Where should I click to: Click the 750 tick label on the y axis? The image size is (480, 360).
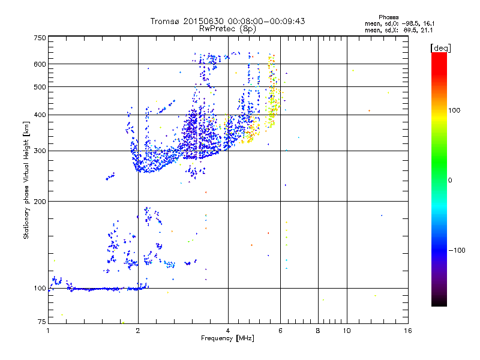coord(40,37)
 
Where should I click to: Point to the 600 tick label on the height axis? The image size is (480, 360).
coord(40,64)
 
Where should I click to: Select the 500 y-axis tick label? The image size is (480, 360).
coord(40,87)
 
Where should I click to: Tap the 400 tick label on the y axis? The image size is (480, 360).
coord(40,115)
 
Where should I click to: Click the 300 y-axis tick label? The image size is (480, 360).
coord(40,151)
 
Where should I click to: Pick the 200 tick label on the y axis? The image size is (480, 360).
coord(40,202)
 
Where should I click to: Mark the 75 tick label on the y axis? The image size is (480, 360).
coord(41,322)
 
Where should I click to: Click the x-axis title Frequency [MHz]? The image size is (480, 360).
coord(227,338)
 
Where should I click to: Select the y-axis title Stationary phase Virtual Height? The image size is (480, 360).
coord(26,180)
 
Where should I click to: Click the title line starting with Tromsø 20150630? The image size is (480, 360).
coord(227,21)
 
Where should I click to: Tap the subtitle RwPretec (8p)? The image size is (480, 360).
coord(227,28)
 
